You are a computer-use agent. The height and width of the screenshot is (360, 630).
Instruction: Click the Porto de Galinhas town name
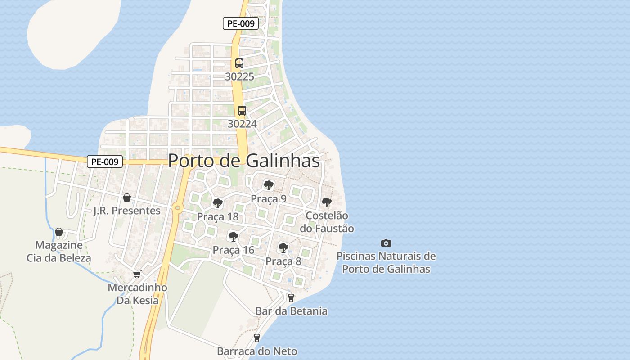coord(244,161)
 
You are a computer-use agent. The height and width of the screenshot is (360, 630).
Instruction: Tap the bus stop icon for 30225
coord(239,63)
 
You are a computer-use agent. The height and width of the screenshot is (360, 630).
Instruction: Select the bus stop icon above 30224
coord(242,110)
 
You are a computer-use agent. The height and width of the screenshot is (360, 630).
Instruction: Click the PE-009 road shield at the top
coord(241,24)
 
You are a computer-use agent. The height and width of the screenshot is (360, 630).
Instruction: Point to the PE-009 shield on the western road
coord(104,162)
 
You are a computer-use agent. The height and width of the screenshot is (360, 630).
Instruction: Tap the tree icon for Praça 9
coord(269,185)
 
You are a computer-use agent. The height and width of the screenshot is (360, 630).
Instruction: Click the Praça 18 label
coord(218,217)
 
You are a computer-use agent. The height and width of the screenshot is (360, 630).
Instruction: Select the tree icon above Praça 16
coord(233,236)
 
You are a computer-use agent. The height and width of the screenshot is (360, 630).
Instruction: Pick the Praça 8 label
coord(283,261)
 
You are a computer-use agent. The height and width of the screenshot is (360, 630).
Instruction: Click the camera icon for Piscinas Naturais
coord(386,243)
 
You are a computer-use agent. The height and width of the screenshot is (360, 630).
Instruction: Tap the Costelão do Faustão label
coord(327,222)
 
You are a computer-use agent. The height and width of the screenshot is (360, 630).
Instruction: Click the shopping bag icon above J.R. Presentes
coord(127,198)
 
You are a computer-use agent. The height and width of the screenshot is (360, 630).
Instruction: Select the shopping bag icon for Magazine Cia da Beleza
coord(59,232)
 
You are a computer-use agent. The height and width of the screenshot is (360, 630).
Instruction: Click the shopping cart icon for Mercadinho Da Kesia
coord(137,274)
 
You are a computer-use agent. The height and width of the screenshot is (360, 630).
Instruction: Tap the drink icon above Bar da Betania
coord(291,297)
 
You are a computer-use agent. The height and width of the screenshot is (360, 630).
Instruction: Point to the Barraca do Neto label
coord(257,351)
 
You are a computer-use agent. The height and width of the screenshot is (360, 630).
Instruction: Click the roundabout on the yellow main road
coord(178,208)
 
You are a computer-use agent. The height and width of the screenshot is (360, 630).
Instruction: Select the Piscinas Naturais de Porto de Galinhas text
coord(386,263)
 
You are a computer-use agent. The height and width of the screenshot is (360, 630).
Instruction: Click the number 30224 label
coord(242,124)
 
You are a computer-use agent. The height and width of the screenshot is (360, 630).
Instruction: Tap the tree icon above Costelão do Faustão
coord(327,202)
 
